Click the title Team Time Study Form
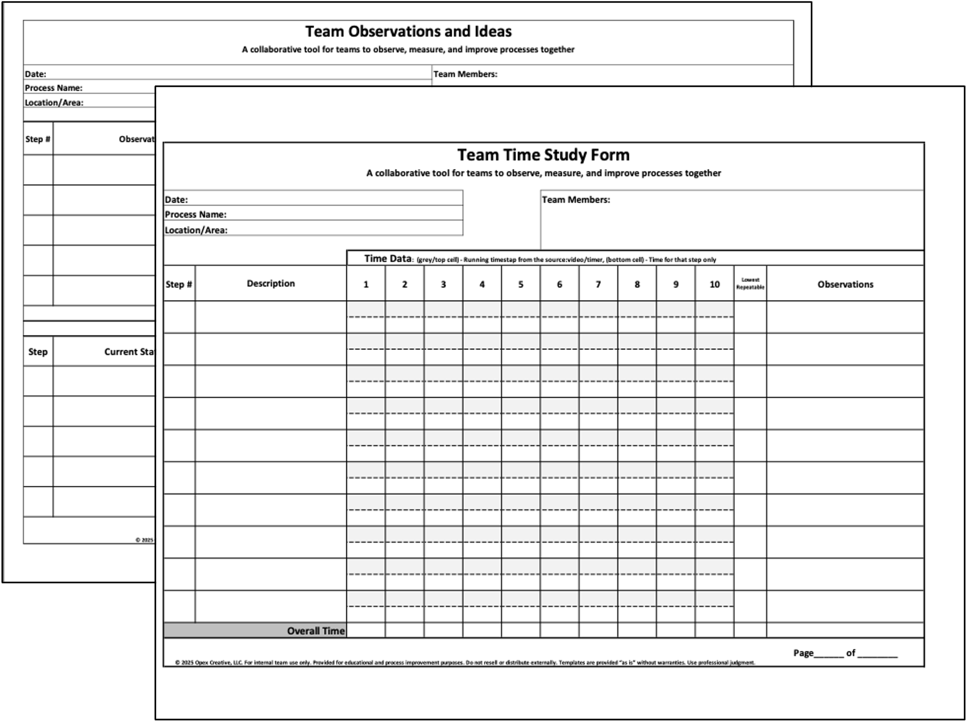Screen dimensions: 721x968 543,155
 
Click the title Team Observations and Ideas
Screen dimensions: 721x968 408,32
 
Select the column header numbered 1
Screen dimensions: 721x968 366,284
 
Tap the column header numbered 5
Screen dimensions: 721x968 521,284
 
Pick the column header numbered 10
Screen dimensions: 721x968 714,284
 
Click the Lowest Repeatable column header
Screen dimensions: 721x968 750,284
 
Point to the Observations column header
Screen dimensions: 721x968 845,284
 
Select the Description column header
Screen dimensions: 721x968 270,283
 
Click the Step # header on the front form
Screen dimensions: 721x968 179,284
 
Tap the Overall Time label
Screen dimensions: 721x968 316,631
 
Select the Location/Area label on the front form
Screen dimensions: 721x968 196,230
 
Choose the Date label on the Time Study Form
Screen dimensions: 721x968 176,200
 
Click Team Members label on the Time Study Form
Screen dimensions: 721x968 575,200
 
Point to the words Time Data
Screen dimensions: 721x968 388,259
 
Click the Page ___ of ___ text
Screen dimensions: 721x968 845,653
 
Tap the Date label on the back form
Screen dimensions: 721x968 35,74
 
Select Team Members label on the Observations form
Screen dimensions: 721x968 465,74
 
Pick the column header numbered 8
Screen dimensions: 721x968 637,284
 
